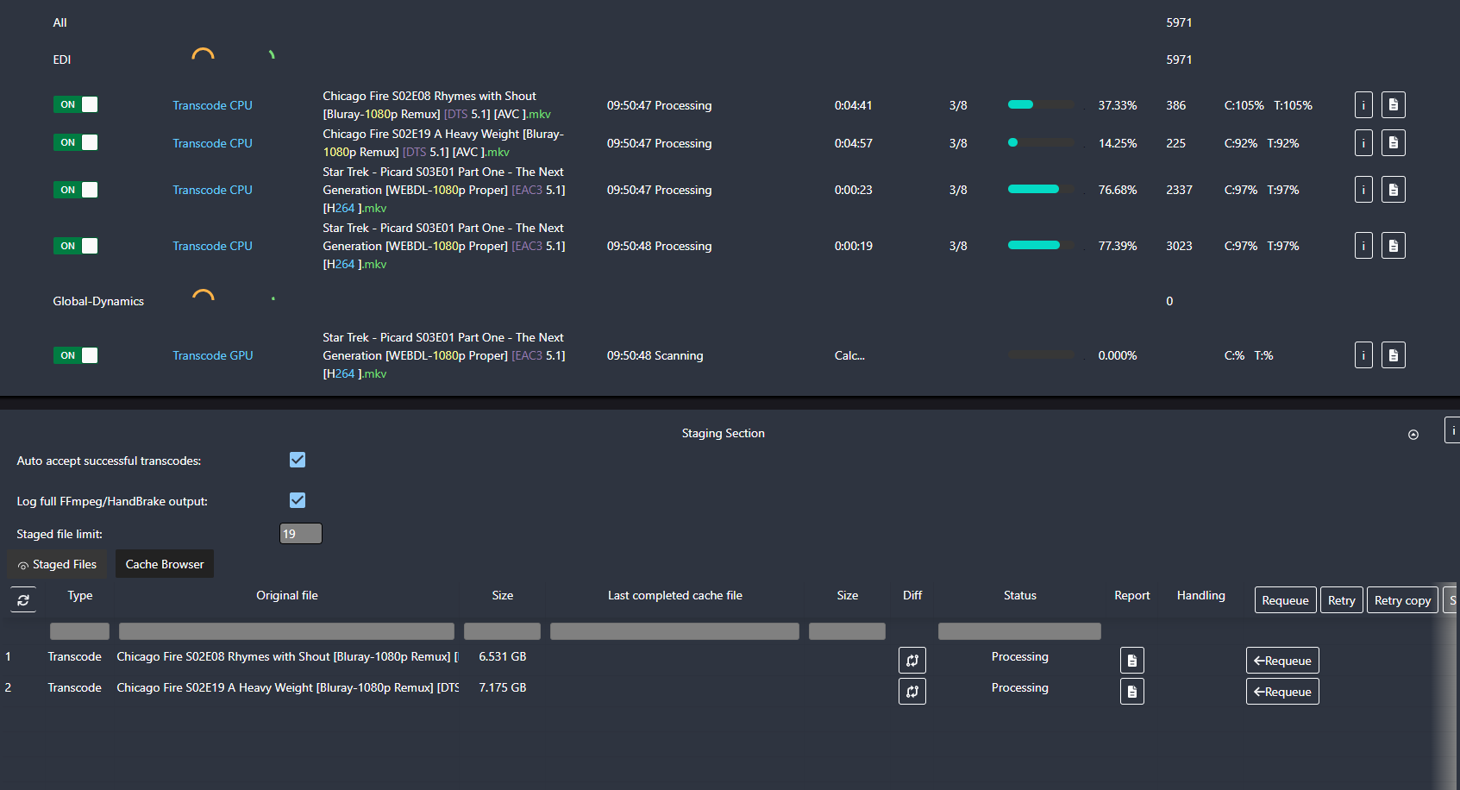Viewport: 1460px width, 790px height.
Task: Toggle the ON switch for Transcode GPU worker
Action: click(x=76, y=355)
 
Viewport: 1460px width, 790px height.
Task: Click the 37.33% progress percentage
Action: click(x=1117, y=105)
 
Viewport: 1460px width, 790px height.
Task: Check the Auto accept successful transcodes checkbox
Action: click(x=298, y=460)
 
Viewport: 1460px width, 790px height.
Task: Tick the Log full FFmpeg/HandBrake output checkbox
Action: click(x=298, y=500)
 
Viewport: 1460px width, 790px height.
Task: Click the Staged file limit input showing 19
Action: click(x=301, y=534)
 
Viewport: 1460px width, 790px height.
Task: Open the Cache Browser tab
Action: click(x=165, y=564)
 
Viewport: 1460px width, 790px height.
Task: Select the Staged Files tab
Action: click(x=57, y=564)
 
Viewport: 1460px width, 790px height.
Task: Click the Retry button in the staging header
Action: click(x=1341, y=600)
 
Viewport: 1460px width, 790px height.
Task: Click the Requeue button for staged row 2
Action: click(x=1282, y=692)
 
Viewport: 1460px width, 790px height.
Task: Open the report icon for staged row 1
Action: click(x=1131, y=661)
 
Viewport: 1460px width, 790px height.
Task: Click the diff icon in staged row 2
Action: click(x=912, y=692)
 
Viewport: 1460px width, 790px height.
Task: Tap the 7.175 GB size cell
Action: click(x=502, y=687)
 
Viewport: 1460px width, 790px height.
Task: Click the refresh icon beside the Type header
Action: click(x=23, y=599)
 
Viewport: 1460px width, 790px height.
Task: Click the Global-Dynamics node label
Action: click(x=98, y=301)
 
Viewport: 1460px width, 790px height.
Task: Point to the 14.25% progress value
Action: click(x=1117, y=143)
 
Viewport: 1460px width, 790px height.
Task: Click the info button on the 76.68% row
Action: click(x=1363, y=190)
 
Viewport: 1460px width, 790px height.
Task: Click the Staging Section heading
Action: click(x=723, y=433)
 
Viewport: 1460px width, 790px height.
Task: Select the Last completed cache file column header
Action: click(x=674, y=595)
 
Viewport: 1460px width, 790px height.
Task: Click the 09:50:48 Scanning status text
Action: click(x=655, y=355)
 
